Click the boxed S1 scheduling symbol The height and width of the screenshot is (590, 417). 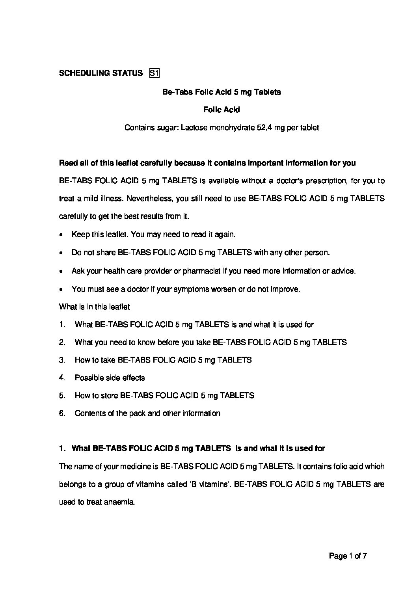pyautogui.click(x=154, y=73)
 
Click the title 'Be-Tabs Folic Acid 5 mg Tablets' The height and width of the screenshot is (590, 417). pyautogui.click(x=222, y=92)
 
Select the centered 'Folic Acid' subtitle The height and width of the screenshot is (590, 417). pyautogui.click(x=222, y=110)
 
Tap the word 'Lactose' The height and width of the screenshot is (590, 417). pyautogui.click(x=193, y=128)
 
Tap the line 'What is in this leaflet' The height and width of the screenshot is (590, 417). pyautogui.click(x=94, y=307)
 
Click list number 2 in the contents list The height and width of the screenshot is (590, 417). pyautogui.click(x=62, y=342)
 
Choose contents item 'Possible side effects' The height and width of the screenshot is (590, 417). pyautogui.click(x=110, y=378)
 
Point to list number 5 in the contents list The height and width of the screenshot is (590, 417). pyautogui.click(x=62, y=395)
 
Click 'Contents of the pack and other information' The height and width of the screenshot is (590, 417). pyautogui.click(x=147, y=413)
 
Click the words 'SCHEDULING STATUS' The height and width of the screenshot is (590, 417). pyautogui.click(x=101, y=73)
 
